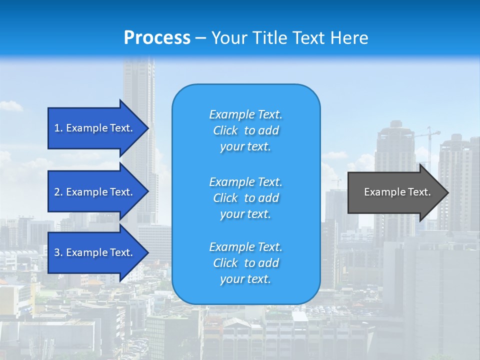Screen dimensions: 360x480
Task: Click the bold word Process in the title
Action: (x=157, y=38)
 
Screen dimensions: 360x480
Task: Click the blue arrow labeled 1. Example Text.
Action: (x=95, y=128)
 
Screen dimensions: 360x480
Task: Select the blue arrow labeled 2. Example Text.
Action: (x=95, y=192)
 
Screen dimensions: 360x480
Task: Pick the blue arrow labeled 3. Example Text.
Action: (x=95, y=252)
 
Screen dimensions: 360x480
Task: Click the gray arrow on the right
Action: (x=395, y=192)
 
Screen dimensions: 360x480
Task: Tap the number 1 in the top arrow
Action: (x=57, y=128)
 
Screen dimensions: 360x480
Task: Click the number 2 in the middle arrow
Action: (x=57, y=192)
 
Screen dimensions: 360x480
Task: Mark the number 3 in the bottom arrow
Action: (x=57, y=252)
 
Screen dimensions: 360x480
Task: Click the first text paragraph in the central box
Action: (x=245, y=130)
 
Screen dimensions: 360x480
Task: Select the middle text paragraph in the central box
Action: (x=245, y=198)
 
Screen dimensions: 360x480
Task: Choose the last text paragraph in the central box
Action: (x=245, y=263)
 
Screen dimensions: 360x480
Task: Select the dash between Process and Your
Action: (x=200, y=38)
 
